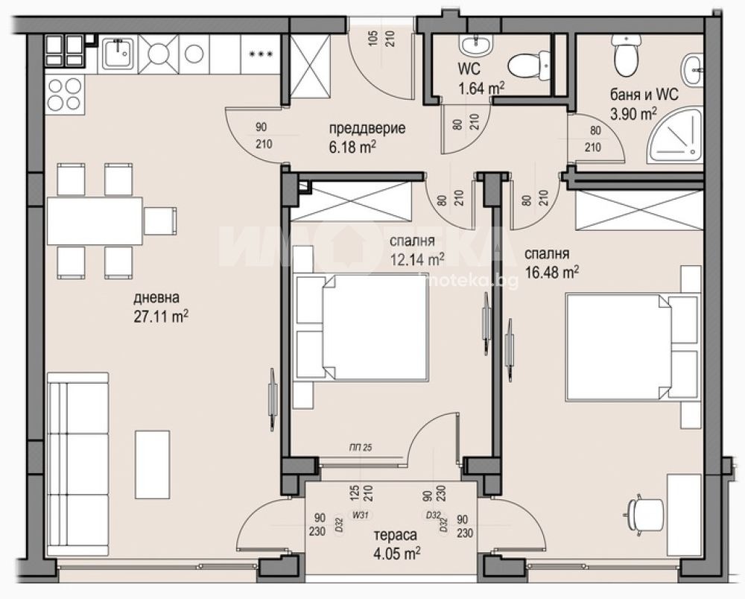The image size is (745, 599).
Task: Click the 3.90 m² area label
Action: pyautogui.click(x=633, y=113)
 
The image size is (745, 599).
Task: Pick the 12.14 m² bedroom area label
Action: pyautogui.click(x=417, y=259)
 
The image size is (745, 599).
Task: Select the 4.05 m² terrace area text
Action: pyautogui.click(x=395, y=553)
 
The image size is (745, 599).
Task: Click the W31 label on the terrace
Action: pyautogui.click(x=360, y=513)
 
